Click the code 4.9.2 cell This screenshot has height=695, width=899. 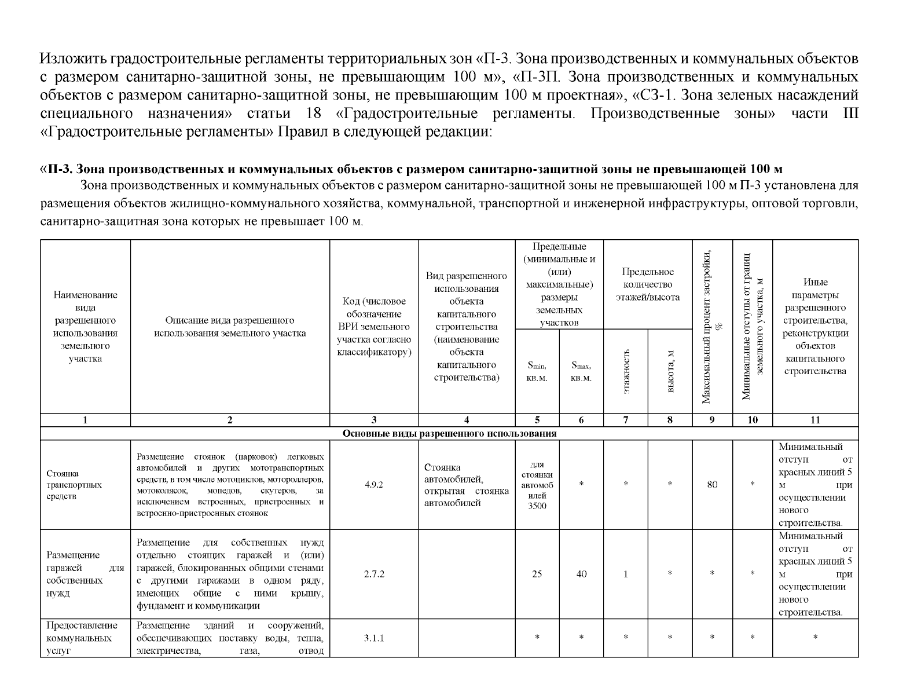374,485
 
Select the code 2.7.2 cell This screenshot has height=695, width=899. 374,574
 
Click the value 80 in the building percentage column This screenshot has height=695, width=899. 712,485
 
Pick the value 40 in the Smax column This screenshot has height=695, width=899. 581,574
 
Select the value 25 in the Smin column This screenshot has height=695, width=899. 537,574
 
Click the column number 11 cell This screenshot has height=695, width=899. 815,420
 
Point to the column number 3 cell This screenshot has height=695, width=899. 374,420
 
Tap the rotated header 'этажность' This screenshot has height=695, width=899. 626,371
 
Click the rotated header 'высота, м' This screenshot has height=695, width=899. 670,371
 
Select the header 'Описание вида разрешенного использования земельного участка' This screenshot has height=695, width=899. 230,327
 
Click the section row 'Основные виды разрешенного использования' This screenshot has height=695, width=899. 449,433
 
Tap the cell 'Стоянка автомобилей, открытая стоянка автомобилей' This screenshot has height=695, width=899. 466,485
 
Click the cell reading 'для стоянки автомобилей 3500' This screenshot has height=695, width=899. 537,485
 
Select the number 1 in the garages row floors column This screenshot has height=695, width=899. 626,574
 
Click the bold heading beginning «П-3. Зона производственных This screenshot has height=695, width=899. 411,169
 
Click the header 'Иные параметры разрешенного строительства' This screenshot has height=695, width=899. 815,327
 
